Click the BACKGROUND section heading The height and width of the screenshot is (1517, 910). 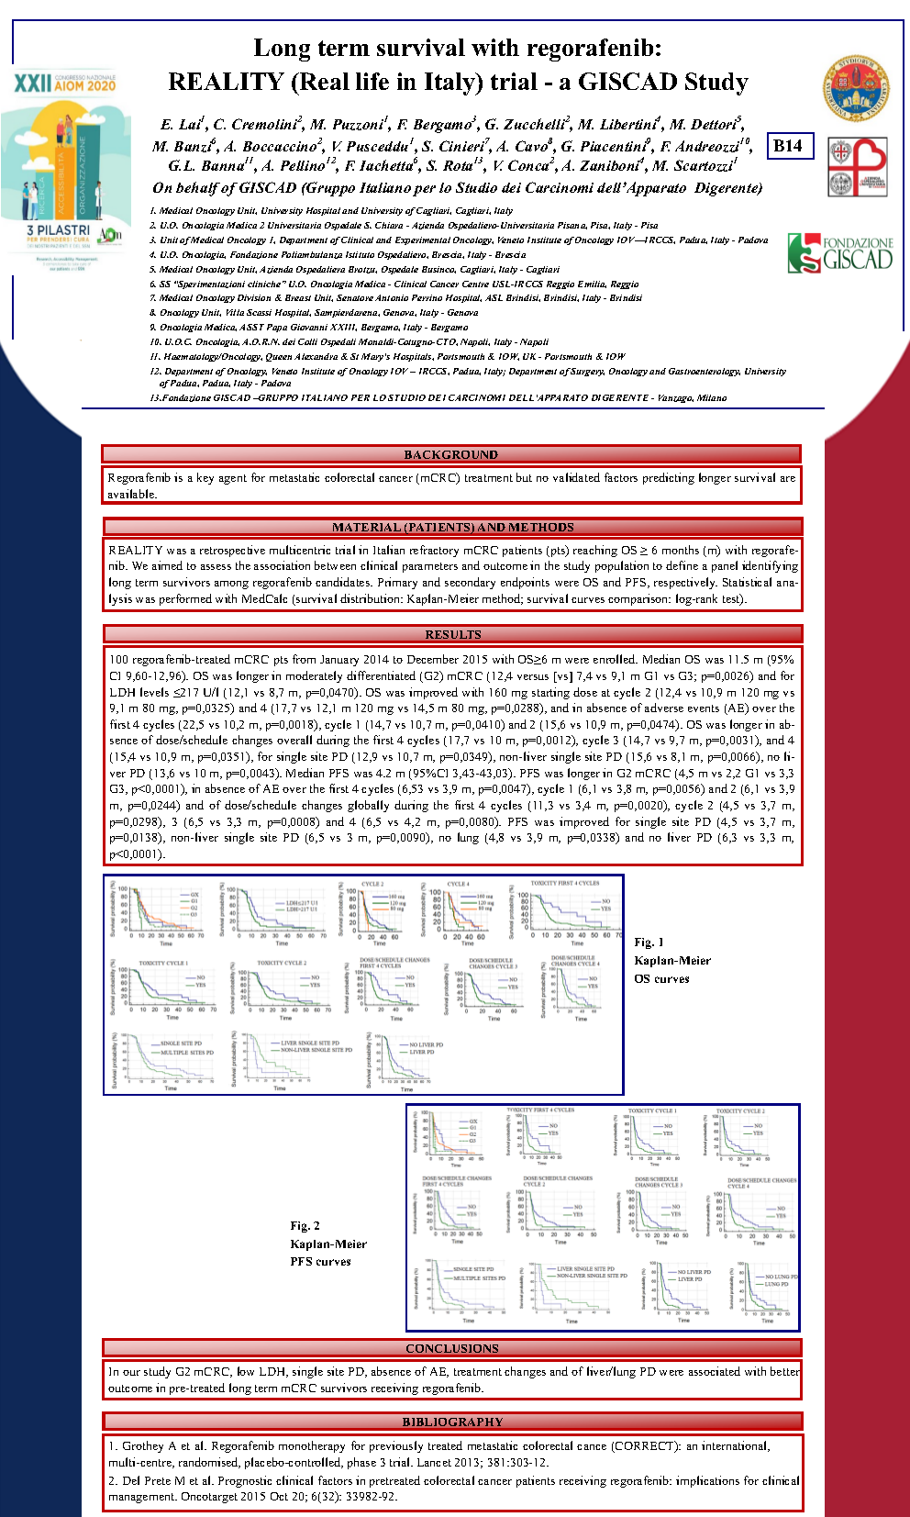[x=450, y=454]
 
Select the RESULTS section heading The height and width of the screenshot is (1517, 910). [x=452, y=634]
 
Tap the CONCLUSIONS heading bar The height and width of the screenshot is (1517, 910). [x=451, y=1348]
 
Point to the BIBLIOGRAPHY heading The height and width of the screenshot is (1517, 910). [x=452, y=1422]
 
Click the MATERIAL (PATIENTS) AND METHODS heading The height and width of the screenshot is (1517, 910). [x=452, y=528]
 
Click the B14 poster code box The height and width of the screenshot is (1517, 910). [x=788, y=146]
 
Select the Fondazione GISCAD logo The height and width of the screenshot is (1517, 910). [x=840, y=253]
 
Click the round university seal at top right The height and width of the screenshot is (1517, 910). [x=855, y=89]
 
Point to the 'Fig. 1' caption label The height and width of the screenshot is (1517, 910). [x=649, y=943]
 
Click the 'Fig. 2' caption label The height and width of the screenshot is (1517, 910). [x=305, y=1226]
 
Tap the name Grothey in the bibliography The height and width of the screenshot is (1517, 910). [x=143, y=1446]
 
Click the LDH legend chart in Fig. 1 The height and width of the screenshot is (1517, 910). [x=275, y=911]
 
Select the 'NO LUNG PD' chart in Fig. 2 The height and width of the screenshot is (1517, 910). [x=765, y=1289]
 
